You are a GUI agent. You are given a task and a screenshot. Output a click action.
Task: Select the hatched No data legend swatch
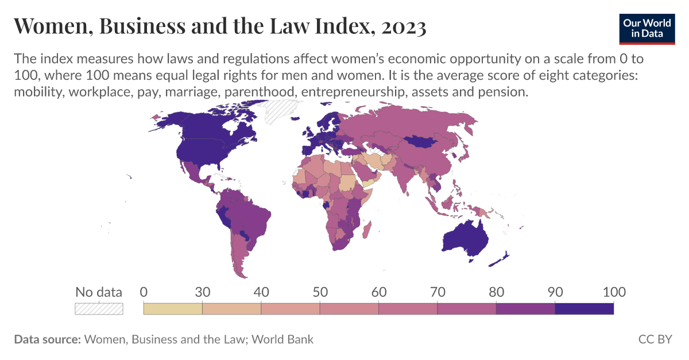click(x=99, y=308)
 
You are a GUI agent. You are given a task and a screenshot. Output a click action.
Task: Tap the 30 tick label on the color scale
click(x=202, y=292)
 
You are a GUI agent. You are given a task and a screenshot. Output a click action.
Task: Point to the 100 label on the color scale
click(x=613, y=292)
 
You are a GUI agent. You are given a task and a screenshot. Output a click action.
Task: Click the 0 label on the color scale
click(x=144, y=292)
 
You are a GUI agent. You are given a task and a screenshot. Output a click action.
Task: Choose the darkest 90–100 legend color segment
click(x=585, y=308)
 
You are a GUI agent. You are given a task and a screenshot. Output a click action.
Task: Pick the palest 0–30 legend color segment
click(x=173, y=308)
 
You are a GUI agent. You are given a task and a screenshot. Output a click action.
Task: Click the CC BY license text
click(x=655, y=339)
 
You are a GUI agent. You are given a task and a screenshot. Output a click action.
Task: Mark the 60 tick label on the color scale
click(x=378, y=292)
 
